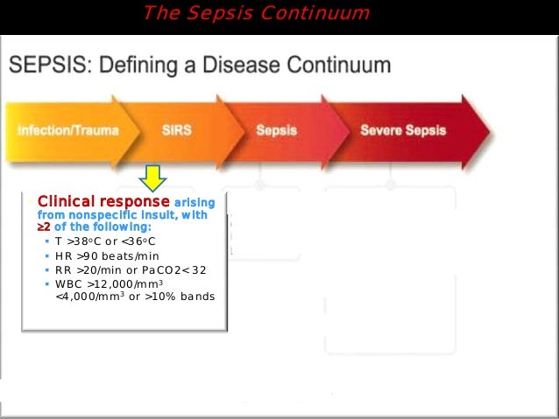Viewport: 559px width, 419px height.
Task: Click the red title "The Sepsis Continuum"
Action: [x=256, y=13]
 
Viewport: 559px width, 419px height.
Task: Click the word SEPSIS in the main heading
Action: [x=43, y=66]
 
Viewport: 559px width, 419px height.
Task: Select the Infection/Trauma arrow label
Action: [x=67, y=130]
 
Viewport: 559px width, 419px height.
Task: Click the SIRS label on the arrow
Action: [x=178, y=130]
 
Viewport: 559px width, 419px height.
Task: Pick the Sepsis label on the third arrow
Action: [x=276, y=130]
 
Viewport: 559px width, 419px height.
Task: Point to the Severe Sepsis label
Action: [x=403, y=130]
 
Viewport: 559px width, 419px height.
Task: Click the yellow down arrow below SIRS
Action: [x=154, y=178]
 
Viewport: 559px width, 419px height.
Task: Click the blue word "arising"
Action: [x=195, y=202]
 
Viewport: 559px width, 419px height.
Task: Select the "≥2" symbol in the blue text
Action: [x=43, y=227]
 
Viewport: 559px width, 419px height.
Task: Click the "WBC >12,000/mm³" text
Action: [x=110, y=284]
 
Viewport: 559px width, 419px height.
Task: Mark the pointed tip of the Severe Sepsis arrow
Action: [x=489, y=131]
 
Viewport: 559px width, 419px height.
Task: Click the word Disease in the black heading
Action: [x=242, y=66]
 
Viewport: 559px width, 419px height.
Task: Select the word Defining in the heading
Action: [x=143, y=66]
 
